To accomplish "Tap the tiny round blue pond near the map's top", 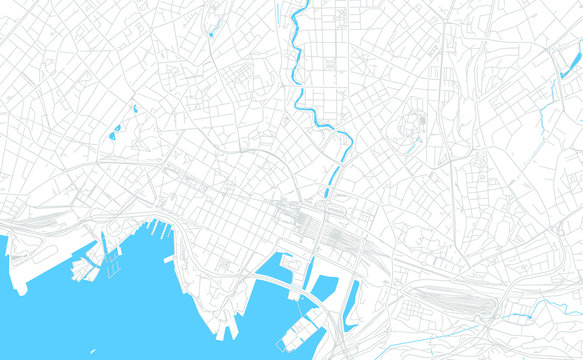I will pos(211,34).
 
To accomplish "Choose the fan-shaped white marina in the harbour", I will pos(82,267).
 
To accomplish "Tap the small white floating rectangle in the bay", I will pos(171,258).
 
